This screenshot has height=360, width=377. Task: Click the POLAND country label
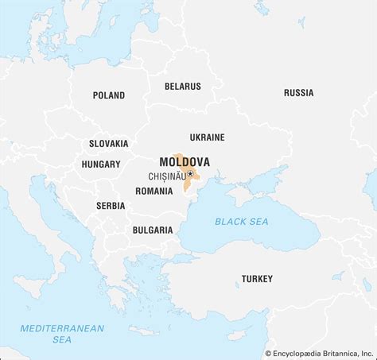(x=108, y=95)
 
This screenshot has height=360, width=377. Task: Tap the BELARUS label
(x=182, y=86)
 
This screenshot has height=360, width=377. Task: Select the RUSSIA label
(x=298, y=93)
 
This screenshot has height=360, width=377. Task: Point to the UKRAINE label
(x=207, y=137)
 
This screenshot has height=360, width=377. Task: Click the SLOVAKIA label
(x=108, y=144)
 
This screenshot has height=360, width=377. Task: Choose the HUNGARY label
(x=101, y=165)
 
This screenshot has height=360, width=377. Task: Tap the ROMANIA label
(x=154, y=191)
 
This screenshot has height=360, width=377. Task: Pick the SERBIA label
(x=111, y=205)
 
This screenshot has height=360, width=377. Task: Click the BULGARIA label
(x=153, y=230)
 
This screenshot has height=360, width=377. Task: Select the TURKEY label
(x=257, y=279)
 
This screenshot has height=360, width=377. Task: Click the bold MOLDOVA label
(x=185, y=161)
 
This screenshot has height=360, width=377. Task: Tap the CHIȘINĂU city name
(x=166, y=176)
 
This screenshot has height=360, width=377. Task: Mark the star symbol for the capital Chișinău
(x=190, y=175)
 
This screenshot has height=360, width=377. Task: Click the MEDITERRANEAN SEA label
(x=52, y=332)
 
